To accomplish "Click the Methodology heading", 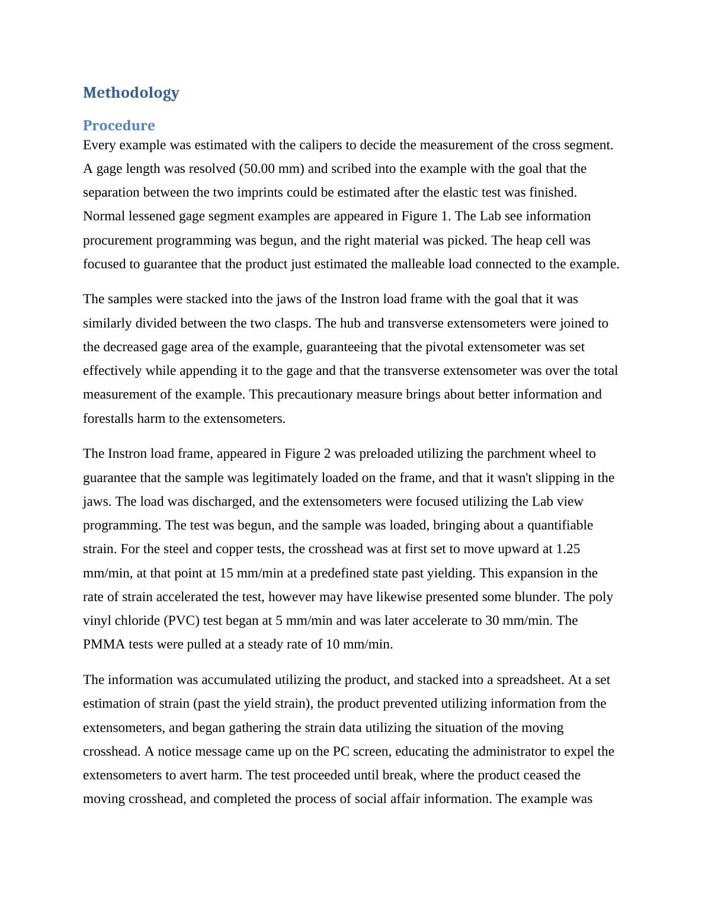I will click(131, 92).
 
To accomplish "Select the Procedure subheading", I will click(118, 126).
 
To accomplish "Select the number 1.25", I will click(568, 549).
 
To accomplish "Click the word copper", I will click(214, 549).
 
